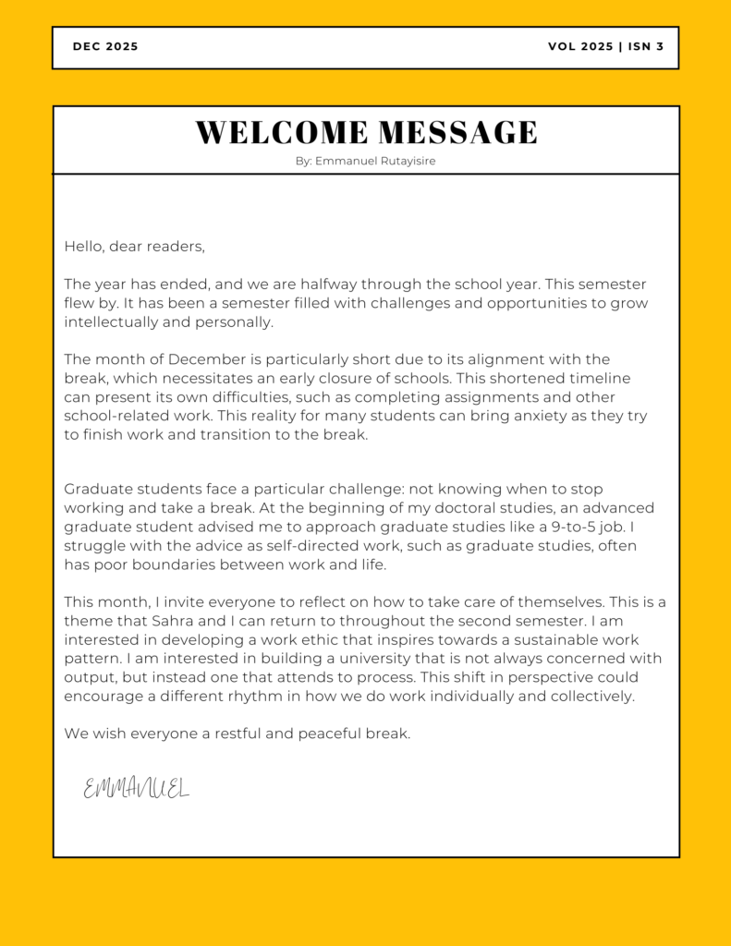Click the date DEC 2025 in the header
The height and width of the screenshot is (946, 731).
coord(105,47)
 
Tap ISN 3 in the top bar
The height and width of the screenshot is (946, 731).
coord(646,47)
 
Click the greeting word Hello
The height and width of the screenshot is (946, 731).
coord(83,247)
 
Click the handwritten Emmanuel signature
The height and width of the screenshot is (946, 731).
coord(136,788)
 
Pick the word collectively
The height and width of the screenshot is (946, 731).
coord(591,697)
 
